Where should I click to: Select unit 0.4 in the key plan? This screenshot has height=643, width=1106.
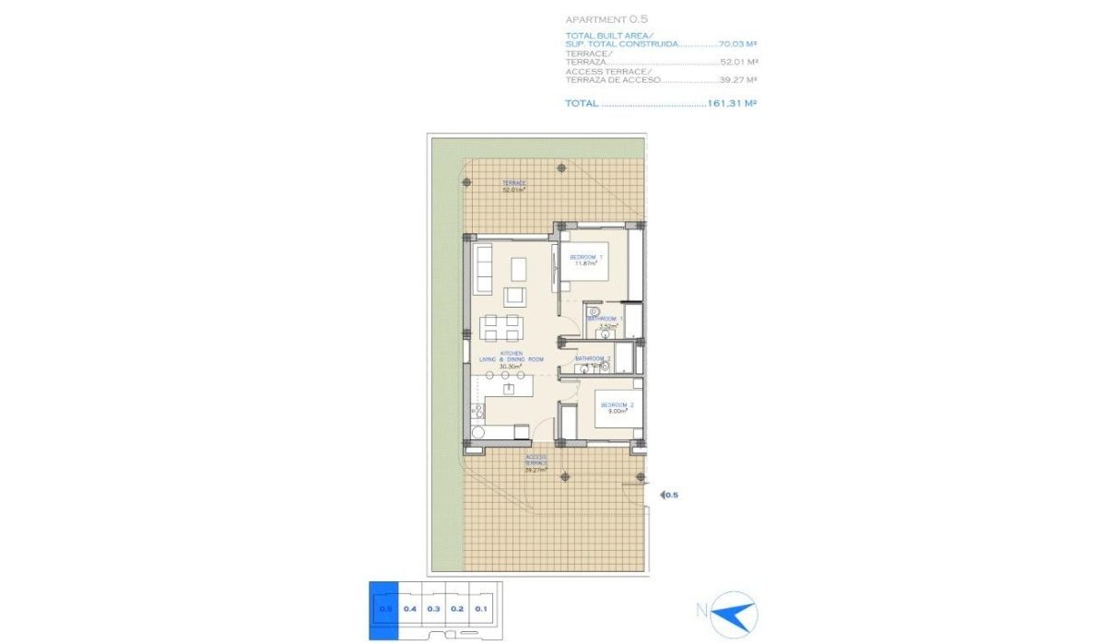click(410, 608)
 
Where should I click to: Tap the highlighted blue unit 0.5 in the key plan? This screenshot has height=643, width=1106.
click(383, 608)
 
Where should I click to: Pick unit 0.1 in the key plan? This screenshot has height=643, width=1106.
click(481, 608)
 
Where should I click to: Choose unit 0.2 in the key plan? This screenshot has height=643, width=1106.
click(457, 608)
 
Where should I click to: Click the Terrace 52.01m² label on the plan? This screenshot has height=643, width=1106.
click(514, 186)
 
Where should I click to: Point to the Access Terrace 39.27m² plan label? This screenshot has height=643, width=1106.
click(535, 462)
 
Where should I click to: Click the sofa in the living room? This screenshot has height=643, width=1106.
click(484, 270)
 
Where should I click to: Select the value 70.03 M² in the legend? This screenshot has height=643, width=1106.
click(737, 43)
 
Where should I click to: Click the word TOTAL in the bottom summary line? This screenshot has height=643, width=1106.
click(581, 104)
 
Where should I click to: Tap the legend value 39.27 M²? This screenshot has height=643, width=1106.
click(738, 80)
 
